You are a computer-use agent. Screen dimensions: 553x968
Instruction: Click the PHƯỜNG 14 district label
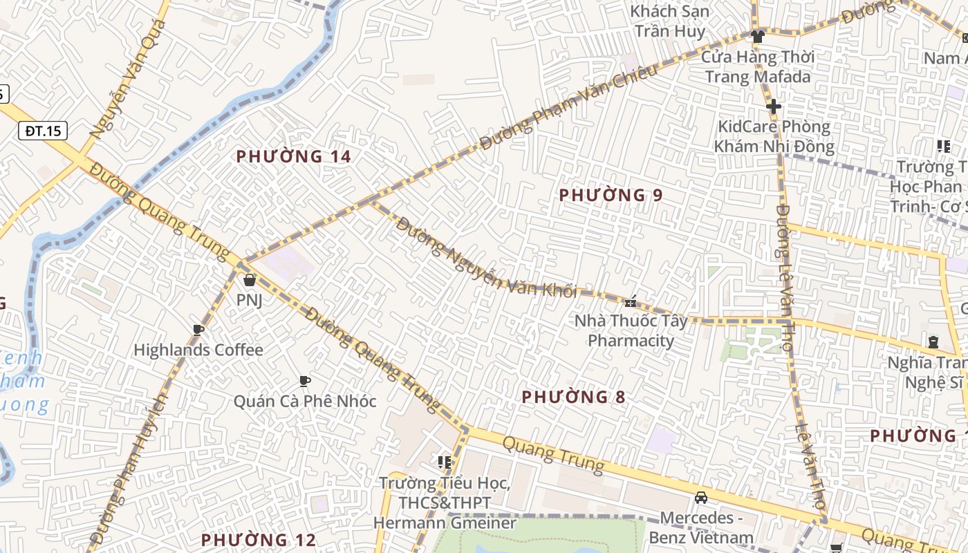click(294, 157)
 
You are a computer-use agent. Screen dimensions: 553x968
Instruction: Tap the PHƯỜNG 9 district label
click(611, 196)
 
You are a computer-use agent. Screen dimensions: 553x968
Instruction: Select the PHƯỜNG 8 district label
click(573, 397)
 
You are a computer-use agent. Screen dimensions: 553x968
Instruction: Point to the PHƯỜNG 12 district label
click(258, 540)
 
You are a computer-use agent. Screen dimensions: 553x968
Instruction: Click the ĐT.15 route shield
click(43, 131)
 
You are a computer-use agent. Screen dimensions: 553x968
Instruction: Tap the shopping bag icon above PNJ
click(249, 280)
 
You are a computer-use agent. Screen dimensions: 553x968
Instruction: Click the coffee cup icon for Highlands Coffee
click(198, 330)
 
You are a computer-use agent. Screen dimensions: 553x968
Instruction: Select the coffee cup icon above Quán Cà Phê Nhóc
click(304, 381)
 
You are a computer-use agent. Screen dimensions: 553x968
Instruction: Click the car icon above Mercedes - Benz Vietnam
click(701, 498)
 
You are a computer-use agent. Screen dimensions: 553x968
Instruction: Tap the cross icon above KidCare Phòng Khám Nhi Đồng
click(774, 106)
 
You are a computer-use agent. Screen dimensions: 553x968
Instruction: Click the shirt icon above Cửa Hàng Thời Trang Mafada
click(758, 36)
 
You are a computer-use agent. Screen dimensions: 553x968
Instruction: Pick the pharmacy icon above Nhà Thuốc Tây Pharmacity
click(631, 301)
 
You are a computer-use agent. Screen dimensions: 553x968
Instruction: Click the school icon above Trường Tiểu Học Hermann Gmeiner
click(444, 462)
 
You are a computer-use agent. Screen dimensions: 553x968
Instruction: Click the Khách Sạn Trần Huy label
click(670, 21)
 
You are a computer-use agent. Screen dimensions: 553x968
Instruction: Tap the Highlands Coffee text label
click(198, 350)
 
